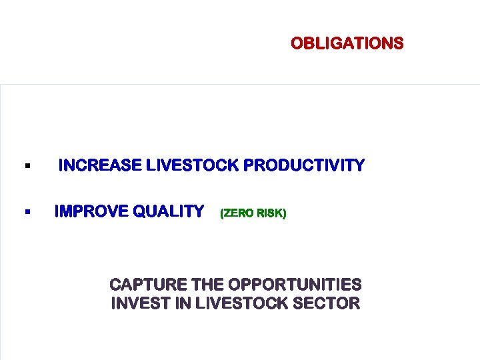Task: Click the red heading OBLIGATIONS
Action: [x=347, y=44]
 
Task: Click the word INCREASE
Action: [x=100, y=165]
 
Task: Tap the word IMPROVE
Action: [x=91, y=211]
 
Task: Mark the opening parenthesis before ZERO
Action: [x=221, y=213]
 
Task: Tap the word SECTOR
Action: [x=329, y=304]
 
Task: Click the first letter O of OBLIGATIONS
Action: [x=296, y=44]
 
